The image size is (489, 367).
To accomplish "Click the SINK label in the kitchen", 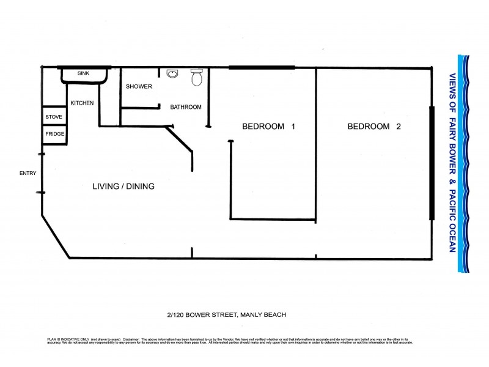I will pos(83,73).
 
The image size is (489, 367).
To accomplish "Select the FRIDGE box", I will pos(54,134).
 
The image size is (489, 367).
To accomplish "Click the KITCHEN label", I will pos(82,103).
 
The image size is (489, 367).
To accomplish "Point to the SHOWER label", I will pos(139,87).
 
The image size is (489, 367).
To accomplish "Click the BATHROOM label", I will pos(186,107).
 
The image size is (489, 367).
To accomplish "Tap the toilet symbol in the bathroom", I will pos(197,77).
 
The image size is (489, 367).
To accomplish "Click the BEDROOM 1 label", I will pos(269,127).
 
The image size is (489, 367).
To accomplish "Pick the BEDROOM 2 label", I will pos(374,127).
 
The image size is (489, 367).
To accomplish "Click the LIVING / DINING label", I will pos(123,187).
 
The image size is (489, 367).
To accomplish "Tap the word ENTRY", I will pos(28,173).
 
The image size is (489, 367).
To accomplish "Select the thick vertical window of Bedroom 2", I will pos(432,162).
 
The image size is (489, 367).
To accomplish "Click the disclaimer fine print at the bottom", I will pos(226,340).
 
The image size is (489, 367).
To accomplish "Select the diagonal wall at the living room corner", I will pos(55,235).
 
